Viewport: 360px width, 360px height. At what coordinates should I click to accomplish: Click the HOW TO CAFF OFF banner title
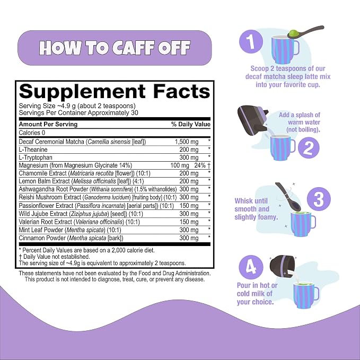pyautogui.click(x=115, y=48)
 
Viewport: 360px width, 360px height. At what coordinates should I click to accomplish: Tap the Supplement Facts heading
pyautogui.click(x=115, y=91)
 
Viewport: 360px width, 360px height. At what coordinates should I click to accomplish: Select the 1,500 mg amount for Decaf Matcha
pyautogui.click(x=187, y=142)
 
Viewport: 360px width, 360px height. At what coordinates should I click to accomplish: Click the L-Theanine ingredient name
pyautogui.click(x=33, y=150)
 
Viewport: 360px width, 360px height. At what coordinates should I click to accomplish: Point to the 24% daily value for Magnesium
pyautogui.click(x=200, y=165)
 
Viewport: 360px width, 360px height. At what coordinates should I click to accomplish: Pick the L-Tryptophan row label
pyautogui.click(x=36, y=157)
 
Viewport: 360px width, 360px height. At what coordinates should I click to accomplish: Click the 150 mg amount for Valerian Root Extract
pyautogui.click(x=189, y=222)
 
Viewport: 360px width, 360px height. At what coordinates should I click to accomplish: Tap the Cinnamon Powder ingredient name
pyautogui.click(x=42, y=238)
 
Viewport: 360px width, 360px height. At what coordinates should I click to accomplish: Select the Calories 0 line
pyautogui.click(x=32, y=133)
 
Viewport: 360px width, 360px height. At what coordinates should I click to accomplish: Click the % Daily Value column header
pyautogui.click(x=191, y=124)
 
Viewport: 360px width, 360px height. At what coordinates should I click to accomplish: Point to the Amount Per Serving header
pyautogui.click(x=48, y=124)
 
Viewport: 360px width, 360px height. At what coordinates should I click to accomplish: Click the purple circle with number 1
pyautogui.click(x=251, y=41)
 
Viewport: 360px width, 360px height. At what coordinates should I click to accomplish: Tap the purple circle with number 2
pyautogui.click(x=309, y=148)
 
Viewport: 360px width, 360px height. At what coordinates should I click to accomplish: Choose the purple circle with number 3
pyautogui.click(x=319, y=199)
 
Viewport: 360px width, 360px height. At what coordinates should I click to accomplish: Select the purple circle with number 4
pyautogui.click(x=251, y=267)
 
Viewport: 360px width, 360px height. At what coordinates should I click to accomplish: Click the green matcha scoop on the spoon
pyautogui.click(x=293, y=33)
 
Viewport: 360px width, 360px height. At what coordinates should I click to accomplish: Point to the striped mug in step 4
pyautogui.click(x=306, y=295)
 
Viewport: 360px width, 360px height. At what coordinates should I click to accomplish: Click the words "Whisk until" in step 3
pyautogui.click(x=251, y=201)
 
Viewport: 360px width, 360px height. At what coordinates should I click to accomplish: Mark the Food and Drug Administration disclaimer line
pyautogui.click(x=115, y=273)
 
